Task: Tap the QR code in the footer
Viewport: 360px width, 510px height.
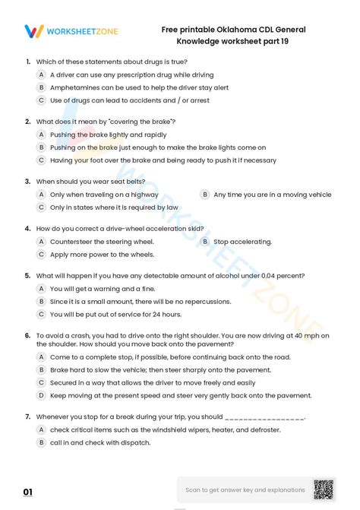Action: pyautogui.click(x=324, y=490)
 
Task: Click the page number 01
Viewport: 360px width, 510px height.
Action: pyautogui.click(x=28, y=493)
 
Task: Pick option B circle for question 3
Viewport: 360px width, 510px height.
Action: pyautogui.click(x=204, y=194)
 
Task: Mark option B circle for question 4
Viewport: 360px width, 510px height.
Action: pyautogui.click(x=204, y=241)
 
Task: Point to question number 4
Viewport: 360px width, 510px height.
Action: pyautogui.click(x=27, y=227)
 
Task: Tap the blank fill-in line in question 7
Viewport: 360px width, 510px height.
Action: pyautogui.click(x=265, y=417)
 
